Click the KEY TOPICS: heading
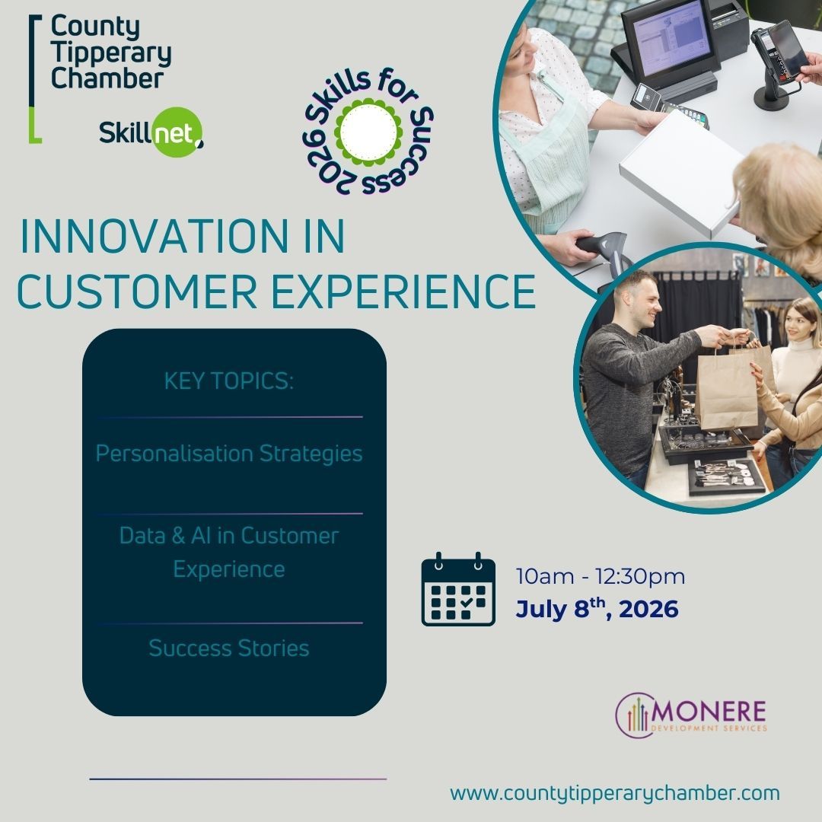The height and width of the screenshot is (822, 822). coord(228,381)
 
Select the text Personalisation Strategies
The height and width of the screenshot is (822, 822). coord(228,454)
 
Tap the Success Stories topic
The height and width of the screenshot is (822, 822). coord(228,648)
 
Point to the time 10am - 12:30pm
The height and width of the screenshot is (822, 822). coord(601,577)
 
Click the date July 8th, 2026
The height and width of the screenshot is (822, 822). coord(597,610)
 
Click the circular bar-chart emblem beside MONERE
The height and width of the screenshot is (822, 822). coord(635,715)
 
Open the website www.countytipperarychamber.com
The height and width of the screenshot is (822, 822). coord(614,793)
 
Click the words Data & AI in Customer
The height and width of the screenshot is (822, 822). coord(228,536)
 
